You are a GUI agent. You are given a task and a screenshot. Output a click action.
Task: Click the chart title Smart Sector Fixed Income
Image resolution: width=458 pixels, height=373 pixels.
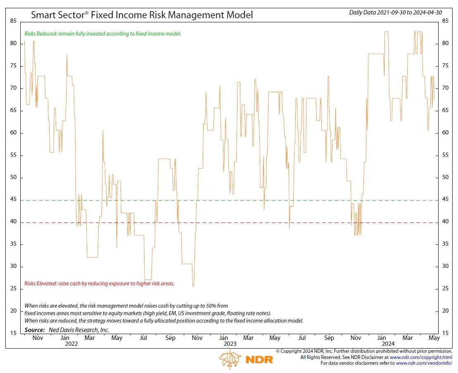(142, 15)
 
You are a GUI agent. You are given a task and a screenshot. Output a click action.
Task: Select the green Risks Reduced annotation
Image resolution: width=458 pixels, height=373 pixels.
(102, 33)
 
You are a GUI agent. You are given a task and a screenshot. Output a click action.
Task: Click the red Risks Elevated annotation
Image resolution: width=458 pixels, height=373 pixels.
(99, 283)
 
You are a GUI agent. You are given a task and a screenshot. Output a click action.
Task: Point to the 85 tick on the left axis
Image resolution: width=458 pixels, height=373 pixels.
(13, 21)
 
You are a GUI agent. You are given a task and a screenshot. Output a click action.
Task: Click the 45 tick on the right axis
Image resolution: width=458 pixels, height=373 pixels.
(445, 200)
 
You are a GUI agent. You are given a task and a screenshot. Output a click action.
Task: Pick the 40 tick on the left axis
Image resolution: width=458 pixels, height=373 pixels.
(13, 222)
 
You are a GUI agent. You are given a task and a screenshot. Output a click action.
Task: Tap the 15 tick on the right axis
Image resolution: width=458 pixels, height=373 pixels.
(445, 333)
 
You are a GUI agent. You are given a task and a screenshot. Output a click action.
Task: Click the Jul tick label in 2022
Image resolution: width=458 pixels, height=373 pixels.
(143, 338)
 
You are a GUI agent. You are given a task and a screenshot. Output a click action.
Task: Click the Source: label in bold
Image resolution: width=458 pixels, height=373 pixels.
(35, 330)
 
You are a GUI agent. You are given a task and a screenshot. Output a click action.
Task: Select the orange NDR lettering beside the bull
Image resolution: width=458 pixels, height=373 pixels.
(259, 359)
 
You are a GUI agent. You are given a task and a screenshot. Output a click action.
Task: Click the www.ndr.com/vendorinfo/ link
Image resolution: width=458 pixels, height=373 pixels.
(424, 363)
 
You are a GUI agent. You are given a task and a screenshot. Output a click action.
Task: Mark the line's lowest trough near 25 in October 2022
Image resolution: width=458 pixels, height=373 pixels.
(193, 286)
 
